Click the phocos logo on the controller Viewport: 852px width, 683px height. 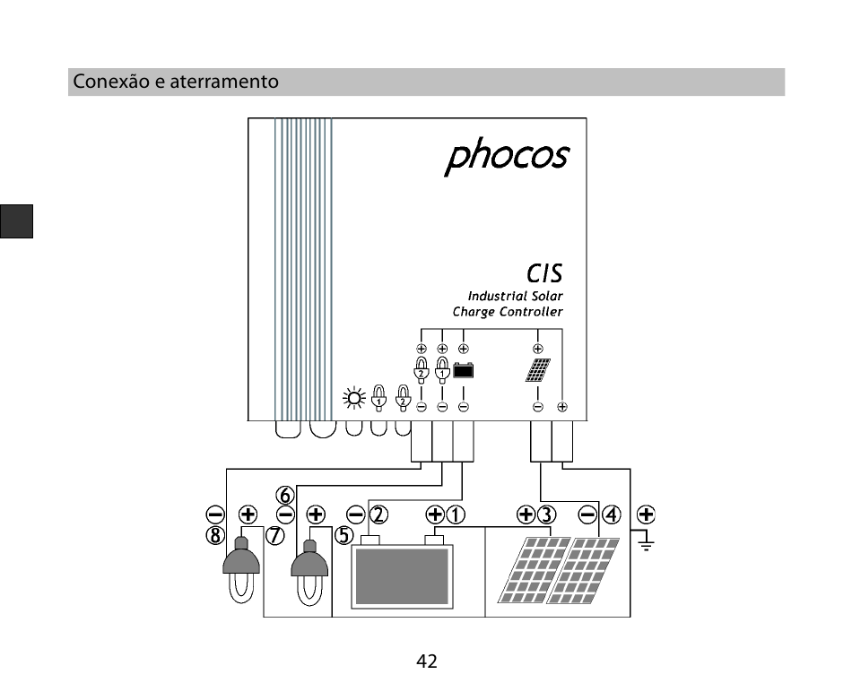(x=507, y=156)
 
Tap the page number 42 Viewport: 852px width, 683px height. (x=427, y=661)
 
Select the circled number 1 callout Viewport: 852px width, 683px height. (x=456, y=514)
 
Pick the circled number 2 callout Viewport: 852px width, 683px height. (x=378, y=514)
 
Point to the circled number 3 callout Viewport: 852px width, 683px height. (x=547, y=514)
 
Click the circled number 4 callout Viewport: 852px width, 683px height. (x=612, y=514)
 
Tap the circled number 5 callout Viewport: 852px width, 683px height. (x=344, y=535)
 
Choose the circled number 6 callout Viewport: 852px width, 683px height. (x=285, y=495)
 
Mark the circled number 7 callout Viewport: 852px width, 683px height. (x=275, y=535)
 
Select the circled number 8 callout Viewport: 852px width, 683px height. (x=215, y=535)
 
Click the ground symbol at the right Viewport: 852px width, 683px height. (x=646, y=541)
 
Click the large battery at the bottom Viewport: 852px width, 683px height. (x=402, y=572)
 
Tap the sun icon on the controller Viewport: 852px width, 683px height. (x=354, y=399)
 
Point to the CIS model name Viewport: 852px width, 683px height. (x=544, y=273)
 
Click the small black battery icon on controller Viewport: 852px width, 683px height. (x=464, y=370)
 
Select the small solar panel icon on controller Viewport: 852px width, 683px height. (x=538, y=370)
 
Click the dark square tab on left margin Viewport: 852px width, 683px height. (x=16, y=221)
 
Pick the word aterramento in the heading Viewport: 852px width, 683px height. (x=224, y=82)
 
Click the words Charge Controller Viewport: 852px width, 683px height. (x=508, y=312)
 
